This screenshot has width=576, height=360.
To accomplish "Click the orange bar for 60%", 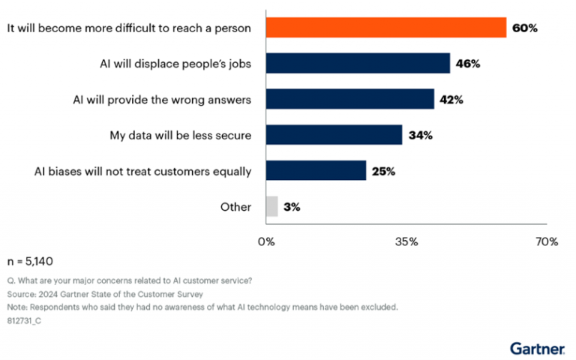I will point(386,28).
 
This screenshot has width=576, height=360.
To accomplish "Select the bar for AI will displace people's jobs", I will point(358,63).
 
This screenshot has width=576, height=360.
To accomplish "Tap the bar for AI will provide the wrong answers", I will point(349,99).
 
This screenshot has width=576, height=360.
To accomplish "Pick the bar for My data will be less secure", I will point(334,135).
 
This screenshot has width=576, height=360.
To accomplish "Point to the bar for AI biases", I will point(316,171).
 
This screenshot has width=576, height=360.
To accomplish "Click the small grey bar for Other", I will point(271,206).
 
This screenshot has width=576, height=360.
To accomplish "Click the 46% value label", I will point(467,64).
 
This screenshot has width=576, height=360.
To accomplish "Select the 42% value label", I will point(451,99).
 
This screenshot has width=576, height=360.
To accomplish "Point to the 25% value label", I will point(382,171).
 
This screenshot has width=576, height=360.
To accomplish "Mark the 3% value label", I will point(292,207).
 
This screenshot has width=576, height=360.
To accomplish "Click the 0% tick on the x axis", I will point(265,241).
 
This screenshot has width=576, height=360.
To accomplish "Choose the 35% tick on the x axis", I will point(406,241).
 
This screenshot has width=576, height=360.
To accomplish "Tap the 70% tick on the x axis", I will point(547,241).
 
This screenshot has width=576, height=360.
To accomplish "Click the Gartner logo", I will point(537,347).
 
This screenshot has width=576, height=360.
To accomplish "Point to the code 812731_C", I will point(25,320).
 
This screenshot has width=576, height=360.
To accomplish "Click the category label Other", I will point(235,207).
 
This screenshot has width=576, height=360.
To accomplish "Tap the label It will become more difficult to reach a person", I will point(128,28).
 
